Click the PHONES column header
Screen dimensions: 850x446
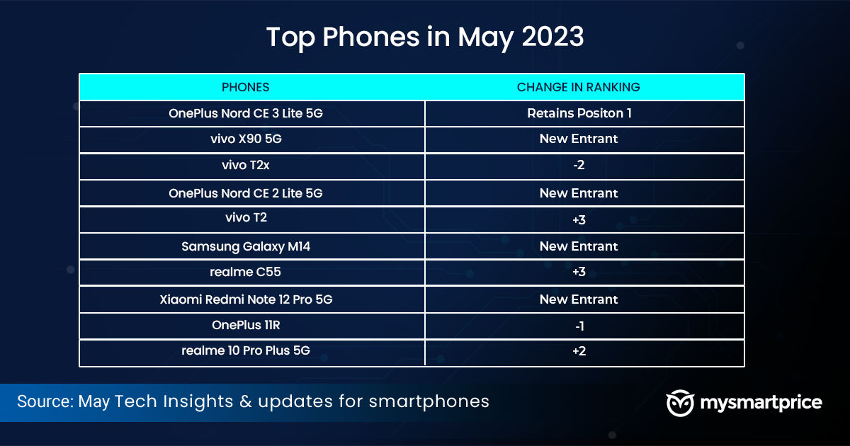246,87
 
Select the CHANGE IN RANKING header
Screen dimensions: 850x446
578,87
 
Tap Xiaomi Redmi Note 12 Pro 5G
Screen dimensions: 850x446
246,299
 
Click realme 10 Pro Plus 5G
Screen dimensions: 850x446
246,350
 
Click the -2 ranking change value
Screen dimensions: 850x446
579,165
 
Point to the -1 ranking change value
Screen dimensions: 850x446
579,326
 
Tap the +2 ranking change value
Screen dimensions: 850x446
579,351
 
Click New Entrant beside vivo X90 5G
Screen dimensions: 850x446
579,139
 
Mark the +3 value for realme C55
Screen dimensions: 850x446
579,272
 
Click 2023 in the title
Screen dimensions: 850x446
552,37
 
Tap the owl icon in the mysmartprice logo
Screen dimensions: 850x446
680,403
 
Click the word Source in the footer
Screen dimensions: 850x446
45,401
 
